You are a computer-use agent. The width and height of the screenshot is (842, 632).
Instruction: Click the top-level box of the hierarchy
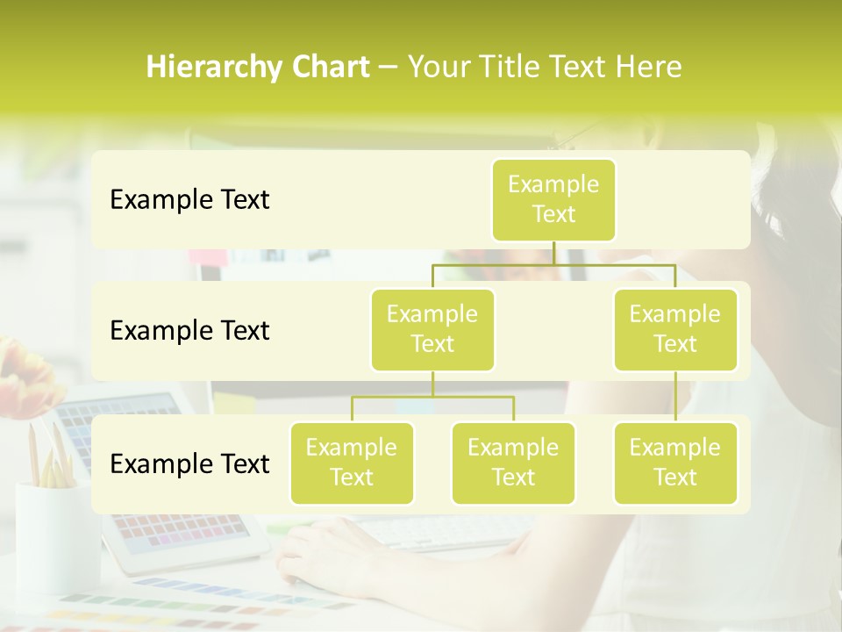(x=553, y=200)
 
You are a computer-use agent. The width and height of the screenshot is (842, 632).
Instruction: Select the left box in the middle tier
(x=432, y=330)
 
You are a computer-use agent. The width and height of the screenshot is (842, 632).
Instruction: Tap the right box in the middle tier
(x=675, y=330)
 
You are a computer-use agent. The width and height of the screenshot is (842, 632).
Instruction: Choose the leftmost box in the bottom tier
(x=352, y=463)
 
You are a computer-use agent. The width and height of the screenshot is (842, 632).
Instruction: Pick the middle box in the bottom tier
(x=513, y=463)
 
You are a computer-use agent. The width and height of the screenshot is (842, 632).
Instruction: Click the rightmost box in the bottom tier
(x=675, y=463)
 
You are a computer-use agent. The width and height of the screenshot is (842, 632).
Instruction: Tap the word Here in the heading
(x=647, y=67)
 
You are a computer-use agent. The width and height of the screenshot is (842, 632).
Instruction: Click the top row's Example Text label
(x=189, y=200)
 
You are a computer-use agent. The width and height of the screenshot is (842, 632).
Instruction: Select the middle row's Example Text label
(x=189, y=331)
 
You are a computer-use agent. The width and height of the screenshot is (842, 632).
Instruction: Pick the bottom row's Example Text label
(x=189, y=463)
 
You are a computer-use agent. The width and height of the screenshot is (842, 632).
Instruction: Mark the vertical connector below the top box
(x=553, y=253)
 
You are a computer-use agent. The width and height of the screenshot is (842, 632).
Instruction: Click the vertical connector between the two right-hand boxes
(x=675, y=397)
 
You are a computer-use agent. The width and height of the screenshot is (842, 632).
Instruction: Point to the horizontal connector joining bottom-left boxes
(x=432, y=397)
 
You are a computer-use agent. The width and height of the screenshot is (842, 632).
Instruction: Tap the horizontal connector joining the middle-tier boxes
(x=553, y=264)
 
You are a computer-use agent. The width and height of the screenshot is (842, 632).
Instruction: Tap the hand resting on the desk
(x=325, y=553)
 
